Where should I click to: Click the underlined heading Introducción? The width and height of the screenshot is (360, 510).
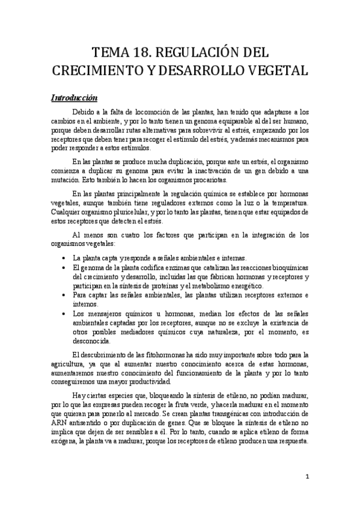tap(74, 97)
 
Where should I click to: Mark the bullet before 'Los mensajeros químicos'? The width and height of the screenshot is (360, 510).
tap(66, 313)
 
